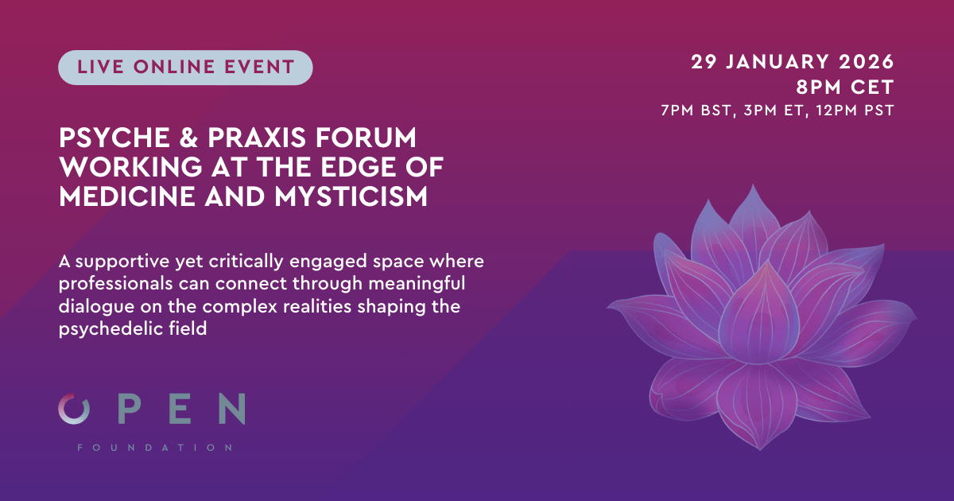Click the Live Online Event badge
(185, 67)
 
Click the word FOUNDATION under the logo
(154, 448)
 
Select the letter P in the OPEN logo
(131, 409)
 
